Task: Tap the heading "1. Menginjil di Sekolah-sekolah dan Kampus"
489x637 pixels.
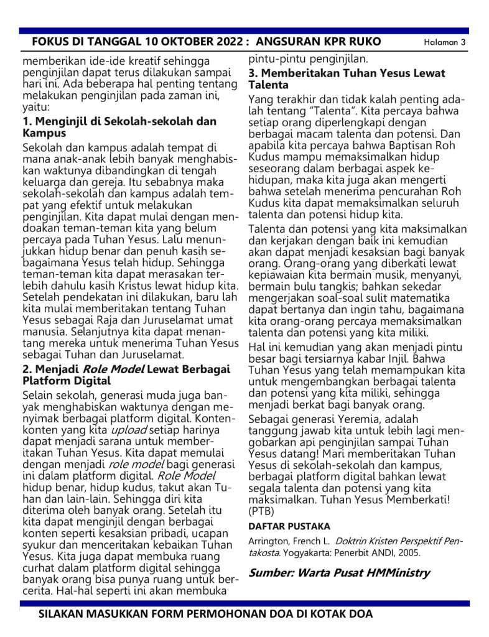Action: (119, 127)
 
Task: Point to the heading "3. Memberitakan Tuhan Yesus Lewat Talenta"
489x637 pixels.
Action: (347, 79)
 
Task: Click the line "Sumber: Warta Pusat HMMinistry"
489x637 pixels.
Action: (339, 573)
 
